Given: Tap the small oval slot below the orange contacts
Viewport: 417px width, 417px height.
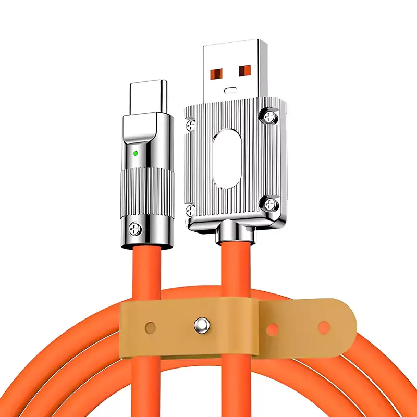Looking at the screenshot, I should (x=230, y=90).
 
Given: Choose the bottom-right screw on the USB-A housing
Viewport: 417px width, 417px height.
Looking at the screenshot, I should (x=270, y=204).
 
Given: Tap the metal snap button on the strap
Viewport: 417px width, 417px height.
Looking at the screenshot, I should (x=200, y=326).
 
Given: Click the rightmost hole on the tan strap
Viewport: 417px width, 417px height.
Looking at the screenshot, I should (x=324, y=327).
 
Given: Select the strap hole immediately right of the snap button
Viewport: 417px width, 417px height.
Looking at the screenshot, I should (x=272, y=328).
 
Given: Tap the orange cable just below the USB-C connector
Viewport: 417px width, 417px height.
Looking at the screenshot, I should (x=148, y=271).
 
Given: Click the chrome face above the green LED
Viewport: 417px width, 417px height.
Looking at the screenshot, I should (x=141, y=130).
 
